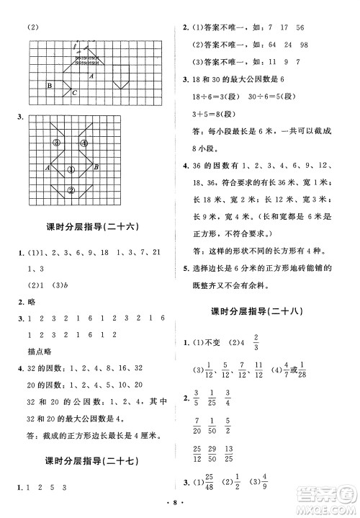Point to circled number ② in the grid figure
[x=71, y=190]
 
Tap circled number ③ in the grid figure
[x=56, y=143]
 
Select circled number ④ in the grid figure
[x=84, y=143]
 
